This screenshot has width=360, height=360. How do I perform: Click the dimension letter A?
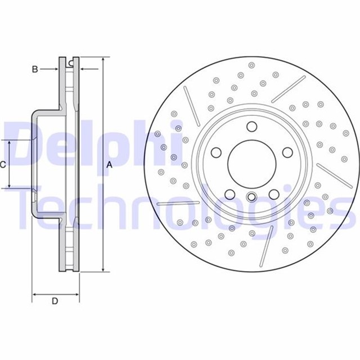(110, 164)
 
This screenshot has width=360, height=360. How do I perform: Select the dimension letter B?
(35, 69)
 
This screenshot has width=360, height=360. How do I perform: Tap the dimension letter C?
(3, 164)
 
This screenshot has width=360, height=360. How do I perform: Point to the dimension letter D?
(55, 301)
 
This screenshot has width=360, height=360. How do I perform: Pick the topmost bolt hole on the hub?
(251, 126)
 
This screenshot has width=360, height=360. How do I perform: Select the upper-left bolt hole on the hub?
(215, 153)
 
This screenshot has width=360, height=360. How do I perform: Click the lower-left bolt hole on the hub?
(229, 195)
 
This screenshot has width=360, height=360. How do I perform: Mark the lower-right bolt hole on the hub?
(274, 195)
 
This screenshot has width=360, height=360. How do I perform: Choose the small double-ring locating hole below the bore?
(251, 197)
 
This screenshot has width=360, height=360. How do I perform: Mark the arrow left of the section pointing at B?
(55, 69)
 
